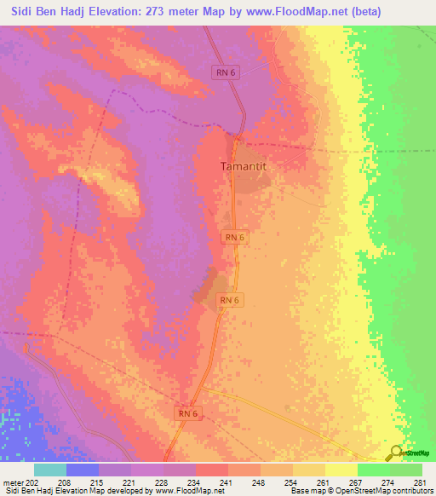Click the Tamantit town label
[244, 167]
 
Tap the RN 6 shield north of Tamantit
[226, 74]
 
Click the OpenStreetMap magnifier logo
[395, 453]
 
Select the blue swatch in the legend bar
[82, 470]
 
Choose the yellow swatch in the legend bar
[341, 470]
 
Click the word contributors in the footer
[407, 491]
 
